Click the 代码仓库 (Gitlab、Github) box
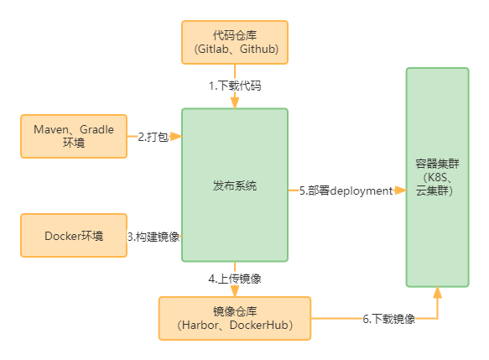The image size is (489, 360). click(234, 42)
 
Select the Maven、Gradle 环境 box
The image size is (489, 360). click(74, 136)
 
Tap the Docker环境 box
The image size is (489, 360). click(74, 236)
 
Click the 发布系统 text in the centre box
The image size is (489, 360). click(234, 185)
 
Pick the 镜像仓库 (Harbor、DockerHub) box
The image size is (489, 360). click(234, 318)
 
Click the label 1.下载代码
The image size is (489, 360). click(234, 86)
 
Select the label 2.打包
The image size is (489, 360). click(154, 136)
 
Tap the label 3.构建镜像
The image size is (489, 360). click(153, 236)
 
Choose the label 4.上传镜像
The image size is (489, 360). click(234, 278)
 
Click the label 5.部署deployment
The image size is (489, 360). click(346, 190)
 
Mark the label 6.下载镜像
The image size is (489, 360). click(389, 319)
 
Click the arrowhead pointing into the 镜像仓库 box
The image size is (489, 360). click(234, 290)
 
